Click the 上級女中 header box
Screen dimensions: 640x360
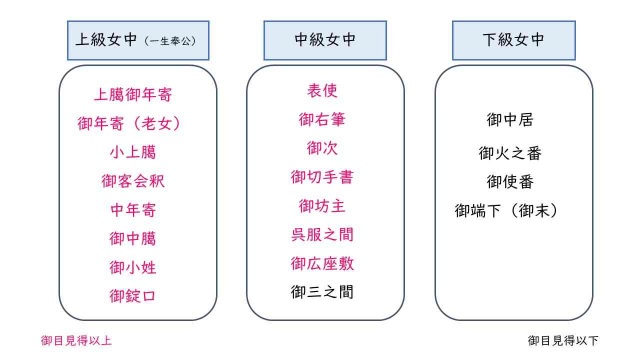(x=138, y=40)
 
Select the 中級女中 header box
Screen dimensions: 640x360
(x=325, y=40)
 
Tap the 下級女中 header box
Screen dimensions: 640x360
(x=513, y=40)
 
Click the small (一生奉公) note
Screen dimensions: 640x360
(x=170, y=41)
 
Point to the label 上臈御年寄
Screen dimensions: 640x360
(x=133, y=94)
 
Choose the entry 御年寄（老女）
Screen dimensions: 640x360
(x=129, y=123)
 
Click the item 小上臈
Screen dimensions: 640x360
(x=133, y=152)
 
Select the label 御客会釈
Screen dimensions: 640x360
(x=133, y=181)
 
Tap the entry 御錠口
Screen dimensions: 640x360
(x=132, y=296)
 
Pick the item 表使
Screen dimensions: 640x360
(x=322, y=90)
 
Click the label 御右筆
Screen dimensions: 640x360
(x=322, y=119)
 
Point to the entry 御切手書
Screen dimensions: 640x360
(x=322, y=177)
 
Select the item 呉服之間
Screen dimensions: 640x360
(x=322, y=234)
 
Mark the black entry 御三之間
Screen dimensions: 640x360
(x=322, y=292)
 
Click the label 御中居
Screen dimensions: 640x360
(x=510, y=119)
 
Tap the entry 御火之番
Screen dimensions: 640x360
(x=510, y=153)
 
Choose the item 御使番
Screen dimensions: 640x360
(x=510, y=181)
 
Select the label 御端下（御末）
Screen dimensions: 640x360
(x=506, y=210)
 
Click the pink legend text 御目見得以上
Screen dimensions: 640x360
(x=76, y=340)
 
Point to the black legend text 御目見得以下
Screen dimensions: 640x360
(x=563, y=340)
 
